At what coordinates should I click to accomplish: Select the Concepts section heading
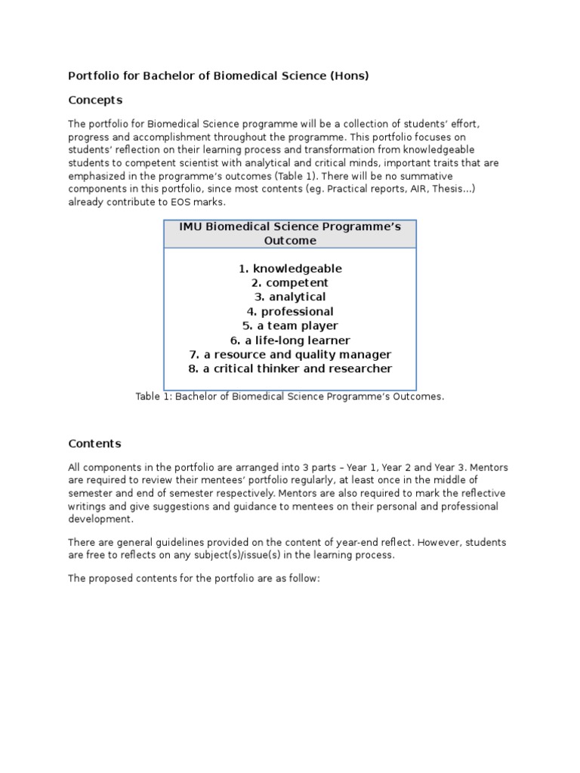[x=95, y=100]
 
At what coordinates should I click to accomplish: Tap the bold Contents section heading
[x=94, y=443]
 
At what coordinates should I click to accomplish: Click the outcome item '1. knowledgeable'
[x=290, y=269]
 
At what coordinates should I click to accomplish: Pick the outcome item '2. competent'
[x=290, y=283]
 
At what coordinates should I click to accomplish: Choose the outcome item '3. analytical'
[x=290, y=297]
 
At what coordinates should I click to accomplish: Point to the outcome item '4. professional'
[x=290, y=312]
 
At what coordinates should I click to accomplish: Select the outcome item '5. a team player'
[x=290, y=325]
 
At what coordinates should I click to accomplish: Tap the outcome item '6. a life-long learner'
[x=290, y=340]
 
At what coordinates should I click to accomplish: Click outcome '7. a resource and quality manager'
[x=290, y=355]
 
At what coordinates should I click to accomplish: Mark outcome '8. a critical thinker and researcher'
[x=290, y=368]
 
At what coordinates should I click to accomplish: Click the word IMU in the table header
[x=191, y=226]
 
